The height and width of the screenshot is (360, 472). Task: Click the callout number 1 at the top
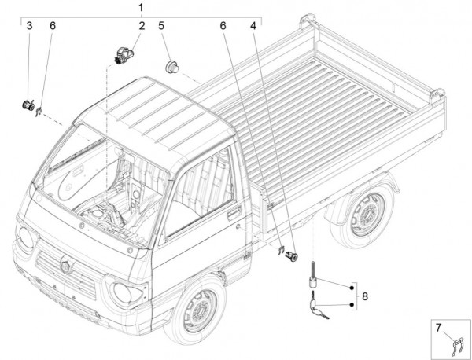(140, 8)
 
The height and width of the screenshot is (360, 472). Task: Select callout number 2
(142, 27)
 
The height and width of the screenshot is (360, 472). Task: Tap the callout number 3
(29, 27)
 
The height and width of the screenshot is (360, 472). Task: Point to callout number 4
(253, 27)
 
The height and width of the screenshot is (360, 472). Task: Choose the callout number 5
(161, 27)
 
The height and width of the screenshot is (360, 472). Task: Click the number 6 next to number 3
(53, 27)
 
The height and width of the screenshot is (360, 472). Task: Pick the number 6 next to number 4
(223, 27)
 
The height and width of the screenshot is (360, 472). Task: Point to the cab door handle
(234, 212)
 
